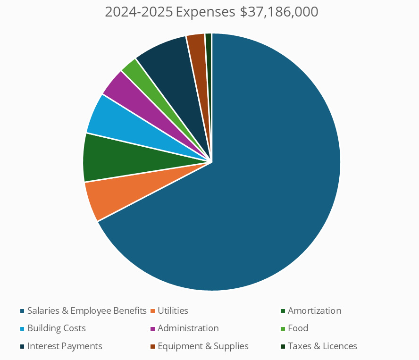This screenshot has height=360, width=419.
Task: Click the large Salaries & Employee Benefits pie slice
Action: (264, 189)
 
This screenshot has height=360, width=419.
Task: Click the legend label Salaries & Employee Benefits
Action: (87, 311)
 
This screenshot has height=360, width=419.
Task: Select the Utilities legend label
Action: (173, 311)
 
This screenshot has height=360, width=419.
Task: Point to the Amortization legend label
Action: (314, 311)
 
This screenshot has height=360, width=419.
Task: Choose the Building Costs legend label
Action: (57, 328)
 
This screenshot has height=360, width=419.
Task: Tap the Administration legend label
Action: (188, 328)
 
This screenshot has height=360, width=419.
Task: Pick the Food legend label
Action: (298, 328)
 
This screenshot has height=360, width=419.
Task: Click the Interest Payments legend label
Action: (65, 346)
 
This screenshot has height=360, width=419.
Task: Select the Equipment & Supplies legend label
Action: (203, 346)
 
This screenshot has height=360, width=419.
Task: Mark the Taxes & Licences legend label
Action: (322, 346)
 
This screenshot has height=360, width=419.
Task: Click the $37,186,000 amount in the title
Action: (279, 12)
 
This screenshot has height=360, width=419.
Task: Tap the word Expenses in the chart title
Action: (205, 12)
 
